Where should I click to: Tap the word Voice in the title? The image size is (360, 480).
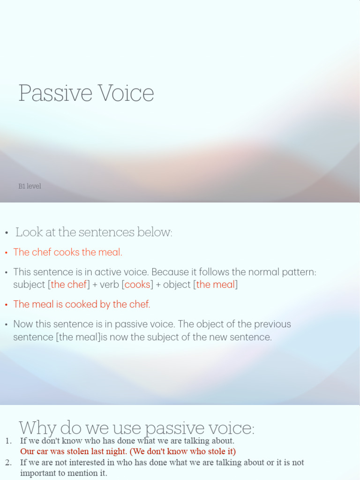(x=126, y=93)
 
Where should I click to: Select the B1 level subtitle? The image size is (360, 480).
(x=30, y=186)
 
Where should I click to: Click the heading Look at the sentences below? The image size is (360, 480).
(x=94, y=232)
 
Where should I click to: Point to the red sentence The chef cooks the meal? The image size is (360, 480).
(x=67, y=252)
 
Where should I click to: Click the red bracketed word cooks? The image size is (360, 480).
(x=138, y=285)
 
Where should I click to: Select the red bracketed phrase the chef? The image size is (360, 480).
(x=68, y=285)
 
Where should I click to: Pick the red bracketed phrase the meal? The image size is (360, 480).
(x=215, y=285)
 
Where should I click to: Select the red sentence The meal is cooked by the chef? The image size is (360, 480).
(x=82, y=304)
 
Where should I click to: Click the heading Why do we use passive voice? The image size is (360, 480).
(x=136, y=427)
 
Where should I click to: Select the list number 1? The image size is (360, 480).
(x=8, y=441)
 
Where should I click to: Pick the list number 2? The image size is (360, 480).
(x=8, y=463)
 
